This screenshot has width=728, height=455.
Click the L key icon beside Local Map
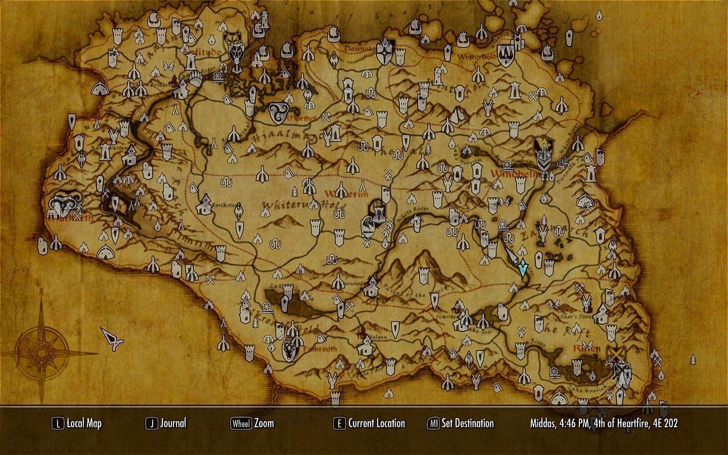[x=58, y=424]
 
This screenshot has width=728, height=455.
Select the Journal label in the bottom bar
[x=173, y=423]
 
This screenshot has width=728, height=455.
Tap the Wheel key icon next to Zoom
[x=241, y=424]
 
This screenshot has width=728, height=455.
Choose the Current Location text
[x=377, y=423]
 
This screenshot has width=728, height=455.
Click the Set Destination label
[x=468, y=423]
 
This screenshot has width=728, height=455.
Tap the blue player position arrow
[x=523, y=267]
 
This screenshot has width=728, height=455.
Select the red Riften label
[x=587, y=349]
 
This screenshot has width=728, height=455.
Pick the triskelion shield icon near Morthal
[x=277, y=113]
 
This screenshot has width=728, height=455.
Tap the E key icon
[x=339, y=424]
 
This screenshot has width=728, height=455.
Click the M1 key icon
[x=433, y=424]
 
